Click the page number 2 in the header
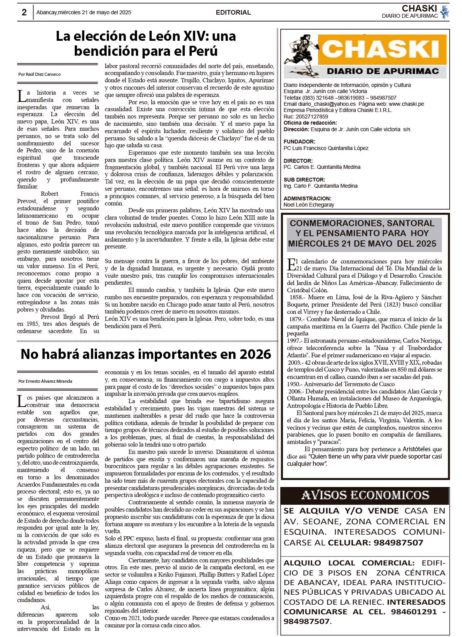[x=24, y=12]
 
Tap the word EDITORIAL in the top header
[x=233, y=12]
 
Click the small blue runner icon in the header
[x=445, y=12]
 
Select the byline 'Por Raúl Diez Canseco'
[x=40, y=74]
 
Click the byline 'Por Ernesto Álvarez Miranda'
[x=45, y=381]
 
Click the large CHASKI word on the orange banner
[x=381, y=49]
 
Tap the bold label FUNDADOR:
[x=300, y=142]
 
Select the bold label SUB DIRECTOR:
[x=305, y=180]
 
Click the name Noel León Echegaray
[x=309, y=205]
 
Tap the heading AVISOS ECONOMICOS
[x=365, y=495]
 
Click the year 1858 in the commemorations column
[x=296, y=297]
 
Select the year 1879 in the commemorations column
[x=296, y=319]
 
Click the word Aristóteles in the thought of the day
[x=417, y=449]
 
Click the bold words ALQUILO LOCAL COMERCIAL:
[x=349, y=563]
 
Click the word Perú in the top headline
[x=204, y=51]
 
